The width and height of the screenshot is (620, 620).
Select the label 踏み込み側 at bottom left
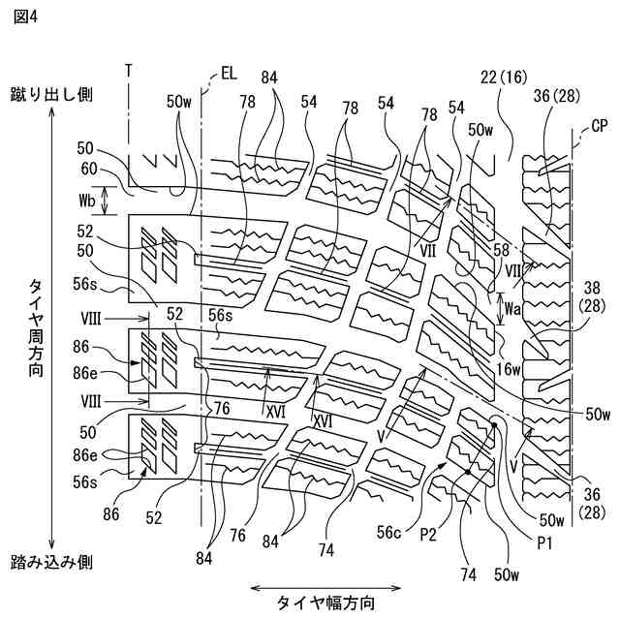click(x=51, y=562)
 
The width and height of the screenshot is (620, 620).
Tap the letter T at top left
click(x=128, y=73)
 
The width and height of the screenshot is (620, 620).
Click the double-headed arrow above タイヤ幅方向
click(x=325, y=586)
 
